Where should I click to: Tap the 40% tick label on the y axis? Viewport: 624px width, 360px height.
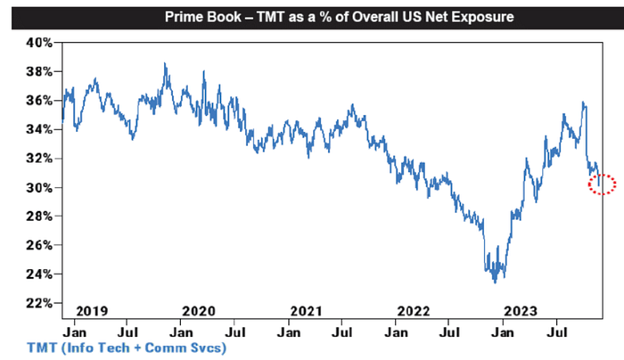tap(41, 42)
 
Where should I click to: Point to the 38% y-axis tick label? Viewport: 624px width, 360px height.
tap(41, 71)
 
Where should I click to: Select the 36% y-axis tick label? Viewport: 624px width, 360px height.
tap(41, 101)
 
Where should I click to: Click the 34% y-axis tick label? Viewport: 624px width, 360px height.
tap(41, 129)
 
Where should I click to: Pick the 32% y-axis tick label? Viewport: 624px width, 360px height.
tap(41, 159)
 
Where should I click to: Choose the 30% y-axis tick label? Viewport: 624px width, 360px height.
tap(41, 188)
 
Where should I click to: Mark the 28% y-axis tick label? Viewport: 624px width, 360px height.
tap(41, 217)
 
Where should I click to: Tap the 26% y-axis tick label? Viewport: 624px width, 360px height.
tap(41, 246)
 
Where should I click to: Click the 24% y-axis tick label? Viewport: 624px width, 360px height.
tap(41, 274)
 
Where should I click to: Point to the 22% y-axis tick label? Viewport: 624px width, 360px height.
tap(41, 304)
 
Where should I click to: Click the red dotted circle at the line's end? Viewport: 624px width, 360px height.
tap(603, 184)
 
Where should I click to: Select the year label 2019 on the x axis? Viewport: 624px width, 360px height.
tap(92, 310)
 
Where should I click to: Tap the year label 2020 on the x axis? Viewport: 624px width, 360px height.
tap(199, 310)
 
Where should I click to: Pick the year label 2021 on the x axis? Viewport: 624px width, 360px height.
tap(306, 310)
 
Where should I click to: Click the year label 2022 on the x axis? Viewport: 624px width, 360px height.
tap(413, 310)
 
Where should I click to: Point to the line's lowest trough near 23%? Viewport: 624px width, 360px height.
tap(495, 282)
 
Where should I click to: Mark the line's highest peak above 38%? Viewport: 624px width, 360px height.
tap(165, 64)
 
